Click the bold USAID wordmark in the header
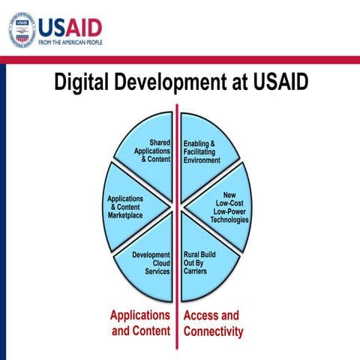(x=70, y=26)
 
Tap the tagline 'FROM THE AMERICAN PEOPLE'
(x=70, y=43)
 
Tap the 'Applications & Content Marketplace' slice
(x=135, y=206)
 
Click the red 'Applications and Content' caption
(x=140, y=322)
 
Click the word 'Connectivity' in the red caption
(x=213, y=331)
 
